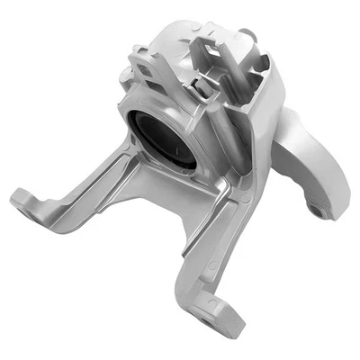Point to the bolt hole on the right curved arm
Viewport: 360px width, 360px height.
316,209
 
